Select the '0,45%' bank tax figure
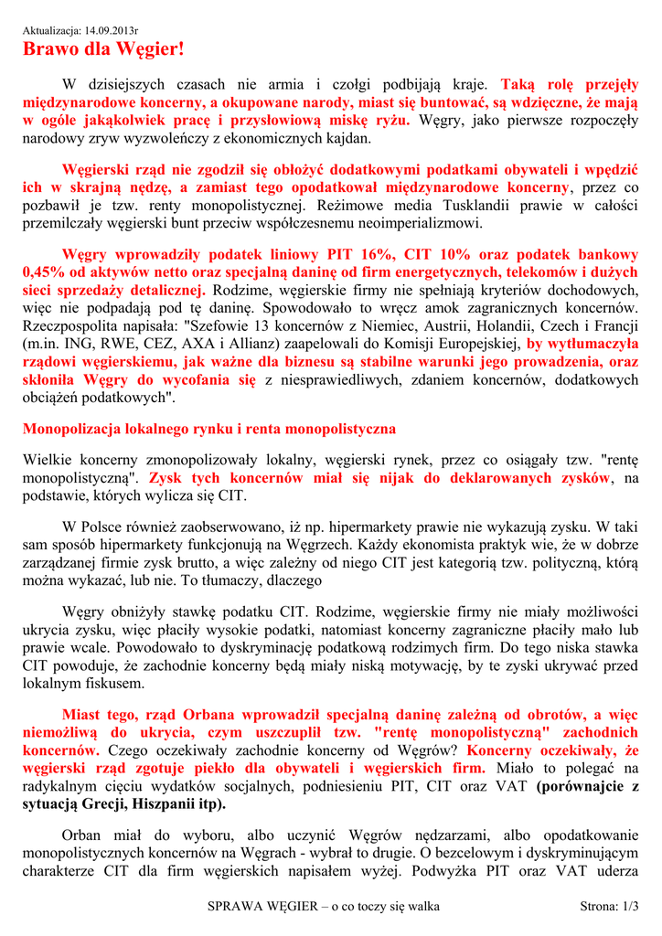(x=41, y=271)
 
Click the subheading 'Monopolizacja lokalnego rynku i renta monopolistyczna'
(x=208, y=428)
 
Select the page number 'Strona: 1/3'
(x=609, y=907)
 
